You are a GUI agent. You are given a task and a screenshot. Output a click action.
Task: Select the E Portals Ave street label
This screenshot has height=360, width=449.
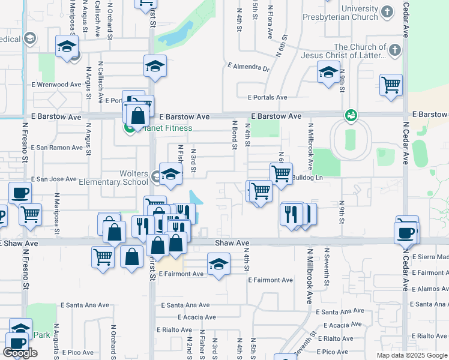[267, 97]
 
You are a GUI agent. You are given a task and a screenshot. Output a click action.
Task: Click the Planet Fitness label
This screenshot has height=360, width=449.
[166, 128]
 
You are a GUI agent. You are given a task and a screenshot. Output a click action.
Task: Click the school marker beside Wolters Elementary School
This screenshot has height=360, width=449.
[170, 175]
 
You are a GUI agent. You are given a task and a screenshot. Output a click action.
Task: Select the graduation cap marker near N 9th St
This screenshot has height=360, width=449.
[328, 73]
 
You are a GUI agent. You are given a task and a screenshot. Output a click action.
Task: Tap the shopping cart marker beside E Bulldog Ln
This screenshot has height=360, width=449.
[281, 174]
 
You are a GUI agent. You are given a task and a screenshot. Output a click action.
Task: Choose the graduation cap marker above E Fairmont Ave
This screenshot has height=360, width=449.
[218, 263]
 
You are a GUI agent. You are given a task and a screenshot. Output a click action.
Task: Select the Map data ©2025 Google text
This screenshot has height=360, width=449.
[411, 355]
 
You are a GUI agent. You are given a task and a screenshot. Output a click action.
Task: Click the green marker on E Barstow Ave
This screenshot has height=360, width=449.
[351, 115]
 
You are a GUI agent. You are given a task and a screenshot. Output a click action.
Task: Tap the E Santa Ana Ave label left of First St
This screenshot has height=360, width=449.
[85, 305]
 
